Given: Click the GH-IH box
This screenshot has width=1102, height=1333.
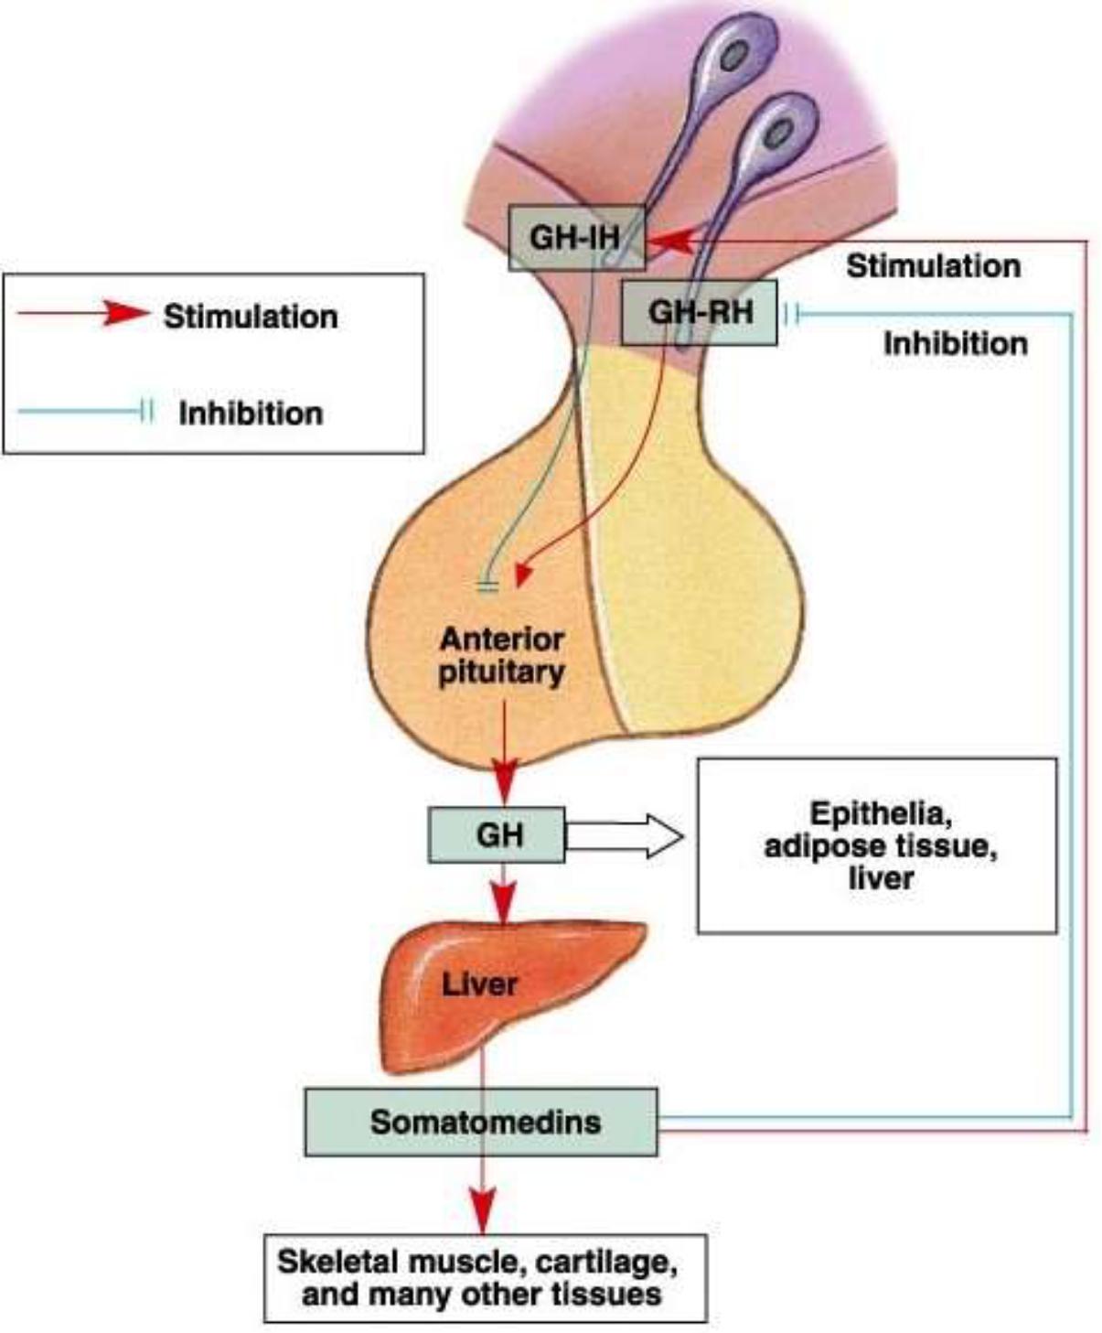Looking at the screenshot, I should coord(576,238).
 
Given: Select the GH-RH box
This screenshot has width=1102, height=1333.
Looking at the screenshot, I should coord(699,313).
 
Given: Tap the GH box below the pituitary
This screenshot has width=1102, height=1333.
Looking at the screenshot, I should coord(497,834).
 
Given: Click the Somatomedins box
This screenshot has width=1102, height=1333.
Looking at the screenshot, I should coord(481,1122).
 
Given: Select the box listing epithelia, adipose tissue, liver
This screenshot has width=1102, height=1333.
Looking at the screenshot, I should coord(877,845).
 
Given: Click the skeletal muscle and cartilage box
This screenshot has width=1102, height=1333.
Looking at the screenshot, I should coord(486,1278).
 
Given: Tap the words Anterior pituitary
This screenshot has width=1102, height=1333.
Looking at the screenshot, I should coord(501,655).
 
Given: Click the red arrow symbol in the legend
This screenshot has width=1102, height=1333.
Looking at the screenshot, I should coord(124,314).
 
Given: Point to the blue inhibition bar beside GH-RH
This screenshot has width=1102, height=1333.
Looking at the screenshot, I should coord(792,316).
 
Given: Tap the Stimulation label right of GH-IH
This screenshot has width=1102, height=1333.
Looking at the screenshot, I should coord(933,266).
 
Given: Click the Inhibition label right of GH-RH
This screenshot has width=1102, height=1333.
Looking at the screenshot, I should coord(955,344).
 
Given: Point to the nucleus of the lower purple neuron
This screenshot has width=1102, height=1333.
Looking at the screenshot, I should coord(778,134).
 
